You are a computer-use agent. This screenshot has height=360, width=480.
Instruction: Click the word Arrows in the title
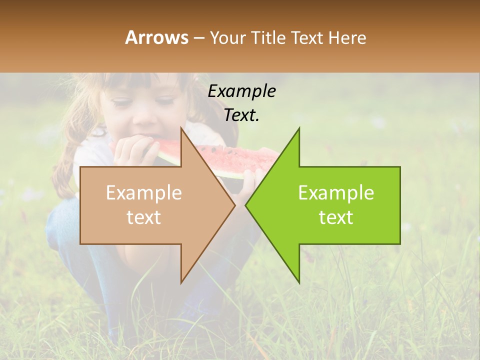click(156, 37)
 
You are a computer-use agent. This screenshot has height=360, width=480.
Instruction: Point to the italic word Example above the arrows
click(241, 91)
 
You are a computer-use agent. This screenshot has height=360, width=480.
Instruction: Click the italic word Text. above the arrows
click(241, 115)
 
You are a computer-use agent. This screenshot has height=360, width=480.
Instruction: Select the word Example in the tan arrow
click(143, 193)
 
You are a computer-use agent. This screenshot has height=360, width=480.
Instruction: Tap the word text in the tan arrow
click(143, 217)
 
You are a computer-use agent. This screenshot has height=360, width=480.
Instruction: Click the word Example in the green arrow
click(336, 193)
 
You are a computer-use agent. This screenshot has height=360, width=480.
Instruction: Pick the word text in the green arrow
click(336, 217)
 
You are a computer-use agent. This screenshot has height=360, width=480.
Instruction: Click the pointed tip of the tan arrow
click(234, 205)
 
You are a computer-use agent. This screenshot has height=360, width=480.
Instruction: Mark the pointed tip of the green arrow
click(246, 205)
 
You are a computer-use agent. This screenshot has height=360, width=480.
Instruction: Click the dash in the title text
click(198, 38)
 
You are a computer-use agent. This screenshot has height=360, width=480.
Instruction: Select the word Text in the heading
click(307, 37)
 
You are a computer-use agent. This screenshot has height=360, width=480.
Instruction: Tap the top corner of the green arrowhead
click(299, 128)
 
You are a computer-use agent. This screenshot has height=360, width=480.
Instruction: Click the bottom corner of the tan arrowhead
click(181, 282)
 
